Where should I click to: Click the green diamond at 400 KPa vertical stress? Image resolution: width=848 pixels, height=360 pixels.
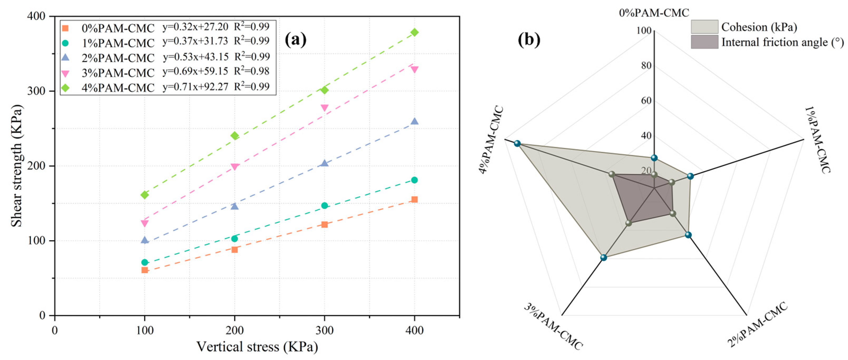tap(415, 32)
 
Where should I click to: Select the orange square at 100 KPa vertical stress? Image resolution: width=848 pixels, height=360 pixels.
tap(145, 270)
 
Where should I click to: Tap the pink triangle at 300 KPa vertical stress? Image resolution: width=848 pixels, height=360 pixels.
tap(324, 108)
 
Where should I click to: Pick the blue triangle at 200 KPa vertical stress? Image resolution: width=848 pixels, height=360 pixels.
tap(234, 206)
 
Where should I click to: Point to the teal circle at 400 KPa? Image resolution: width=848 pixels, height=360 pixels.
tap(415, 180)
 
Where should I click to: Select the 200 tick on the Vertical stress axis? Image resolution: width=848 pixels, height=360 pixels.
tap(234, 330)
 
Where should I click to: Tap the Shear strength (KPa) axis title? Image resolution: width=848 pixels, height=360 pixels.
tap(16, 166)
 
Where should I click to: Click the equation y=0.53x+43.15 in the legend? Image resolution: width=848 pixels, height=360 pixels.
tap(195, 57)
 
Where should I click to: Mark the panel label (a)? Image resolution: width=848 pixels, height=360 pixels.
tap(295, 40)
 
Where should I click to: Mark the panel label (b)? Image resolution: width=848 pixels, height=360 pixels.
tap(529, 40)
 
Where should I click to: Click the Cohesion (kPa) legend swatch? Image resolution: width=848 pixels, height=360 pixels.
tap(704, 27)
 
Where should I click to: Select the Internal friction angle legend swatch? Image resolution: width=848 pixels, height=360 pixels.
tap(704, 42)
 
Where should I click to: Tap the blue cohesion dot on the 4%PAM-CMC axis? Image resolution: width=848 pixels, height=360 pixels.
tap(517, 144)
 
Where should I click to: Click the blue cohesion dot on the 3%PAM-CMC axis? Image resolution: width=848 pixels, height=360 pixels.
tap(603, 257)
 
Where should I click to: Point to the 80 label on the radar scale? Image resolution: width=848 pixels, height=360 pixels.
tap(646, 66)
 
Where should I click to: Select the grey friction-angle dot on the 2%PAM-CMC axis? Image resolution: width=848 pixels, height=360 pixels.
tap(673, 214)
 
